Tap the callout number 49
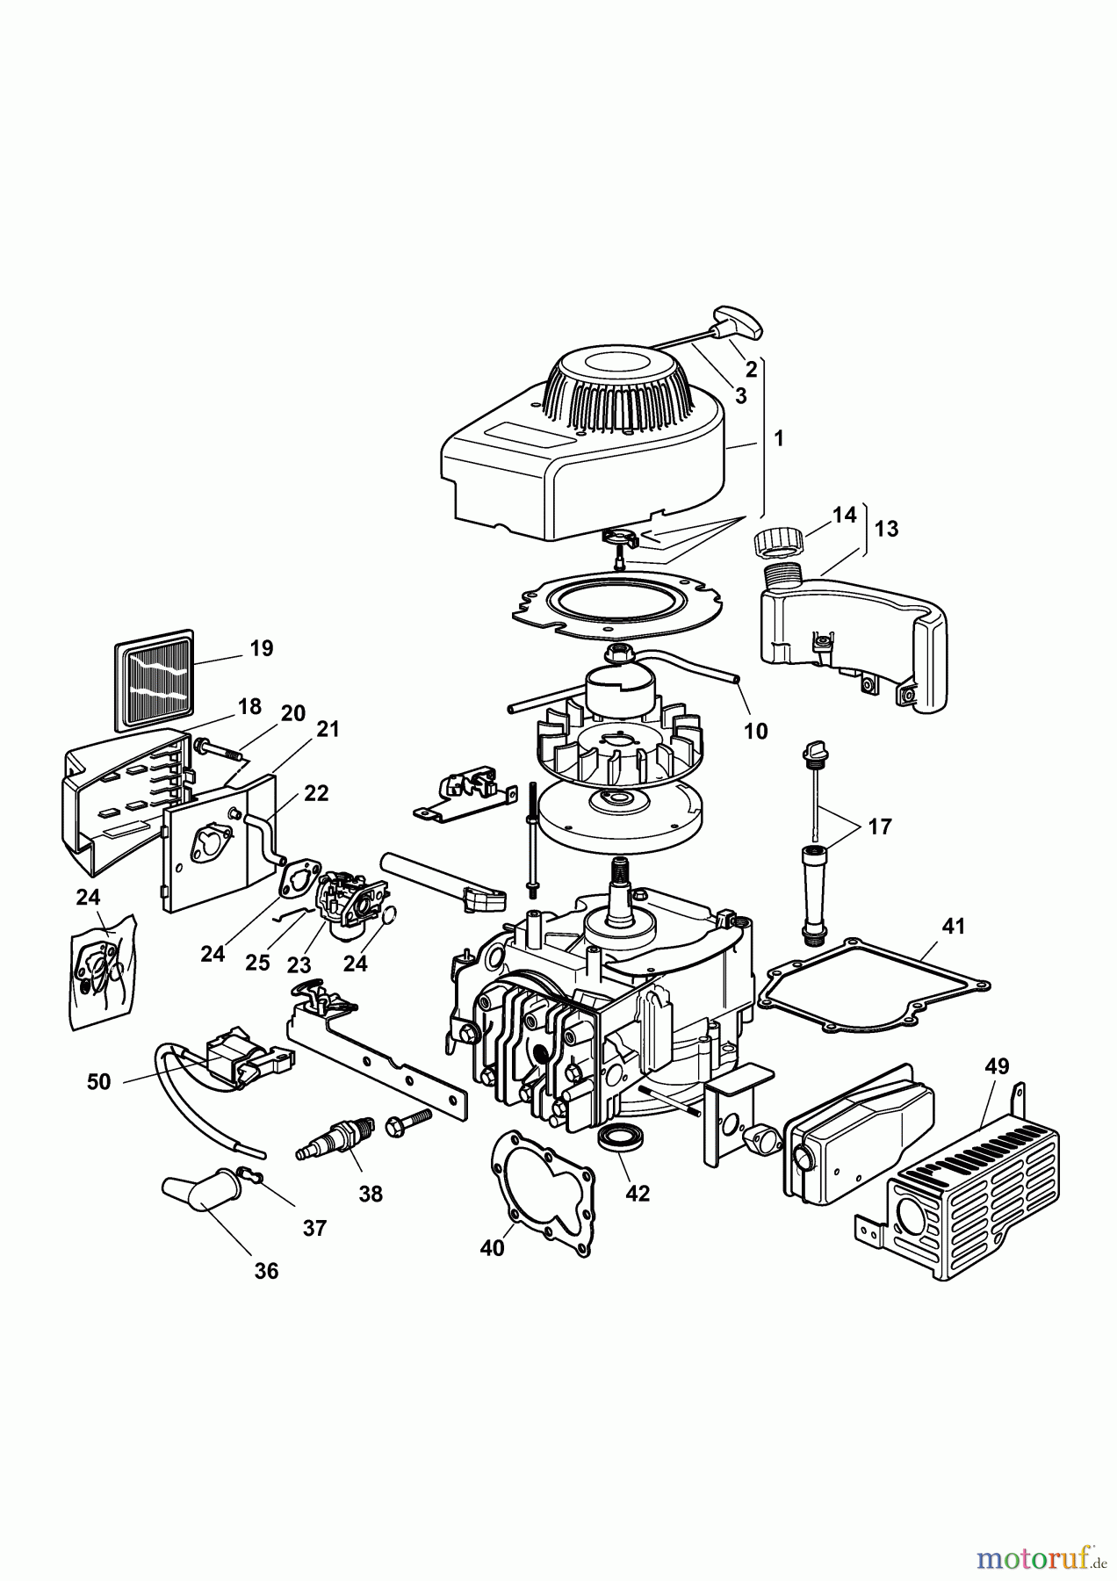pyautogui.click(x=997, y=1066)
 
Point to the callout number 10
pyautogui.click(x=755, y=731)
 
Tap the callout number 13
pyautogui.click(x=886, y=529)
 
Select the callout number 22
pyautogui.click(x=316, y=793)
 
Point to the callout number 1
pyautogui.click(x=779, y=437)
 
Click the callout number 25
pyautogui.click(x=257, y=963)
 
